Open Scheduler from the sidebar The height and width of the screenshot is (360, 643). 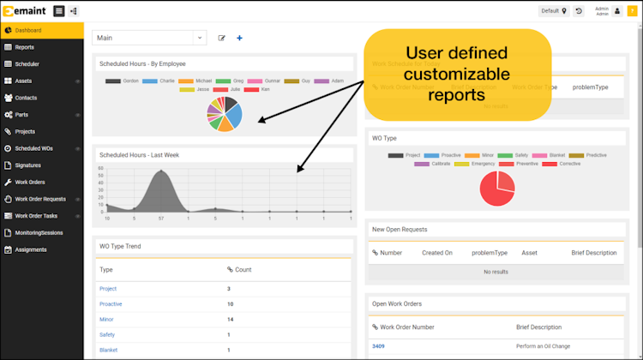pyautogui.click(x=27, y=63)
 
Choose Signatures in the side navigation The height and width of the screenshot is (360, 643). pyautogui.click(x=28, y=165)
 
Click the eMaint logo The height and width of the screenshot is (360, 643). pyautogui.click(x=23, y=11)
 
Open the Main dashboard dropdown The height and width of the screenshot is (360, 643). pyautogui.click(x=149, y=38)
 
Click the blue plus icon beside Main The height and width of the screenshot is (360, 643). pyautogui.click(x=239, y=38)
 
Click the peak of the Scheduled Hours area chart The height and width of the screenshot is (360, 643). pyautogui.click(x=159, y=173)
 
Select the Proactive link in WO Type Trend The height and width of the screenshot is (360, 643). pyautogui.click(x=111, y=303)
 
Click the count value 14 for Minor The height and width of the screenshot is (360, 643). pyautogui.click(x=231, y=319)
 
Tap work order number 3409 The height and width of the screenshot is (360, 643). pyautogui.click(x=378, y=345)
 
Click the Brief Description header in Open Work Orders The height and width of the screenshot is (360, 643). pyautogui.click(x=538, y=327)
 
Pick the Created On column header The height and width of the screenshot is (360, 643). pyautogui.click(x=437, y=253)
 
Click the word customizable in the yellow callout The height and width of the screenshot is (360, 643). pyautogui.click(x=457, y=75)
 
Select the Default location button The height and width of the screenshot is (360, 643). pyautogui.click(x=554, y=11)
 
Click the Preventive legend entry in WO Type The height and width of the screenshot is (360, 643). pyautogui.click(x=530, y=163)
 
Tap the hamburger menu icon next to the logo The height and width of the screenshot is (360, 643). pyautogui.click(x=58, y=11)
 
